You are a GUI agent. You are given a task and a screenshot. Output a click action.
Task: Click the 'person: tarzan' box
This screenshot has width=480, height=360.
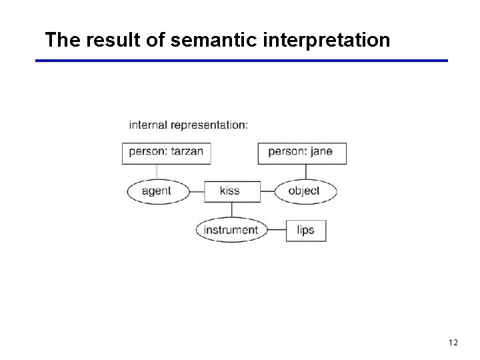coord(166,152)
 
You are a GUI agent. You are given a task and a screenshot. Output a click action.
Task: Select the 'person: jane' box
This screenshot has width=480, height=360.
coord(301,152)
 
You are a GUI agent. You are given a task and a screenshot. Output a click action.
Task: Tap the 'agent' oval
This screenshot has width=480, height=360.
coord(157,191)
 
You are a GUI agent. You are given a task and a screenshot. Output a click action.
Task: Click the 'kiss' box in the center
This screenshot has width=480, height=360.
coord(230,191)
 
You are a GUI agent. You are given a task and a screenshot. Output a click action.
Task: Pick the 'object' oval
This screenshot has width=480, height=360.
coord(305,191)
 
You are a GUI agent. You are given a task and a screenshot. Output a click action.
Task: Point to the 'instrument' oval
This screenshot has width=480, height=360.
coord(231,230)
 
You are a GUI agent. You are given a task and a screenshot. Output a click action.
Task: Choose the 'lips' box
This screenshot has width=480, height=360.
coord(305,230)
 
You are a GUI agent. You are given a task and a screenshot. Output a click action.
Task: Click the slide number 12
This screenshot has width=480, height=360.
coord(453,342)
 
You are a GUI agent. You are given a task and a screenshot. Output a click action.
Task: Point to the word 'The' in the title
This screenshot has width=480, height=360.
coord(62,40)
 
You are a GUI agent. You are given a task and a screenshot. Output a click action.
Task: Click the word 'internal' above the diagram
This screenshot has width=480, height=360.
coord(148,125)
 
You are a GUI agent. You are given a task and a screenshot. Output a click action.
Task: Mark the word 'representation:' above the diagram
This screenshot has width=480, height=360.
coord(209,125)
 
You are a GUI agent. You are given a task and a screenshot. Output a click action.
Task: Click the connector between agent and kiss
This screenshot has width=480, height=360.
coord(195,191)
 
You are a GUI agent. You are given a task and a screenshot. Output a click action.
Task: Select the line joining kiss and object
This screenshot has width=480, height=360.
coord(267,191)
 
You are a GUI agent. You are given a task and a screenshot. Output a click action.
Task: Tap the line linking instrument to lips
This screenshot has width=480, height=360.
coord(276,231)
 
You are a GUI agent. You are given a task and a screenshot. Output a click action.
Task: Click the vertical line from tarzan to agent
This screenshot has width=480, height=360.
coord(157,171)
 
